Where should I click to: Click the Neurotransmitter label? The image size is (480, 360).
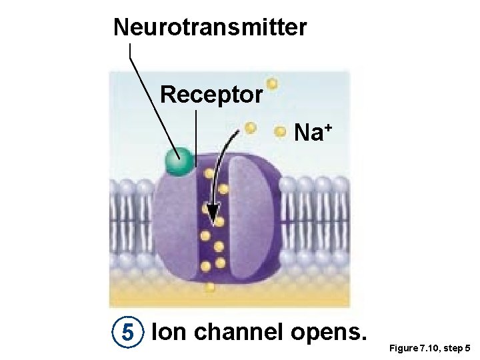210,28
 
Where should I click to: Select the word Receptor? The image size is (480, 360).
211,95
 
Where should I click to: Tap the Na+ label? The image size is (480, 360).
312,133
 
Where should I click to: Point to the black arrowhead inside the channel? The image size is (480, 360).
213,219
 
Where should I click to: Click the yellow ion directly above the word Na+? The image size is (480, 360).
272,85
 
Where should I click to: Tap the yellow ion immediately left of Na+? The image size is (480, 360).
281,132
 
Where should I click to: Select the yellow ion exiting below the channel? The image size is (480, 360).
210,288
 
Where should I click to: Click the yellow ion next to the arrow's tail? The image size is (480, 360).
250,127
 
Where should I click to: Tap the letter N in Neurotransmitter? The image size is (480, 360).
121,28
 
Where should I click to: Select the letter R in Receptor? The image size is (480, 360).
167,95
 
